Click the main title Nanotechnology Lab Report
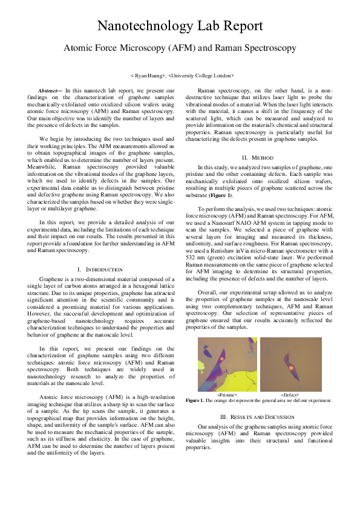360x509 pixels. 180,26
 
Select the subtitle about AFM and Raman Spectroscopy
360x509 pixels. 180,48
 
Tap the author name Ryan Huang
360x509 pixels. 148,76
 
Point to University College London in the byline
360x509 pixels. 202,76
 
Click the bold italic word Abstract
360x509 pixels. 50,90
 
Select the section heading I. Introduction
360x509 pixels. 100,268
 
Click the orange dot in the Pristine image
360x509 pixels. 223,359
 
